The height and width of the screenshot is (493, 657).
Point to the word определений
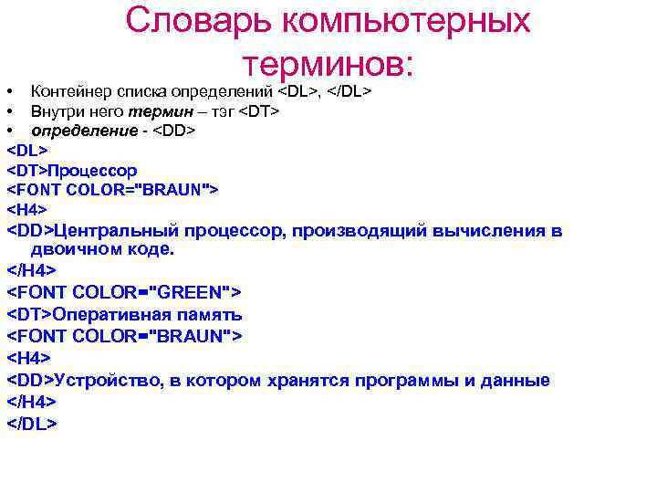[234, 92]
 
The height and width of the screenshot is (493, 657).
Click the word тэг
[221, 111]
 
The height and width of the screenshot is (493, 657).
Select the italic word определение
[76, 131]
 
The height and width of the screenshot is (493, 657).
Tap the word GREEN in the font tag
[193, 292]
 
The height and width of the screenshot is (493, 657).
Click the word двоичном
[72, 248]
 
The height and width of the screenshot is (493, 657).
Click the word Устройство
[107, 381]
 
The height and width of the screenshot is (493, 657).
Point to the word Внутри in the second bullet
[56, 111]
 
